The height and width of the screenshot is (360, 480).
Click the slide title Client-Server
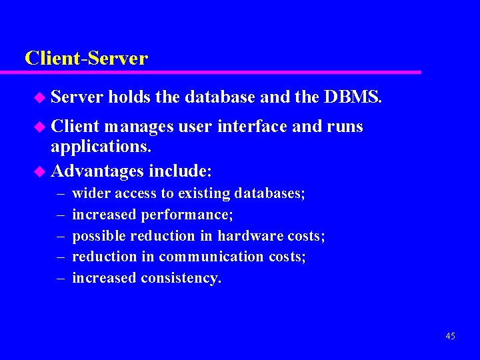(86, 58)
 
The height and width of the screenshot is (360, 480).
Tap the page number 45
(450, 336)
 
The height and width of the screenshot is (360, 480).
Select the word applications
(97, 149)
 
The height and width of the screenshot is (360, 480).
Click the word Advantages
(97, 171)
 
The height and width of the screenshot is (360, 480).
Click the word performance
(195, 215)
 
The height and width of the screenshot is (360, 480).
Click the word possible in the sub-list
(99, 235)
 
